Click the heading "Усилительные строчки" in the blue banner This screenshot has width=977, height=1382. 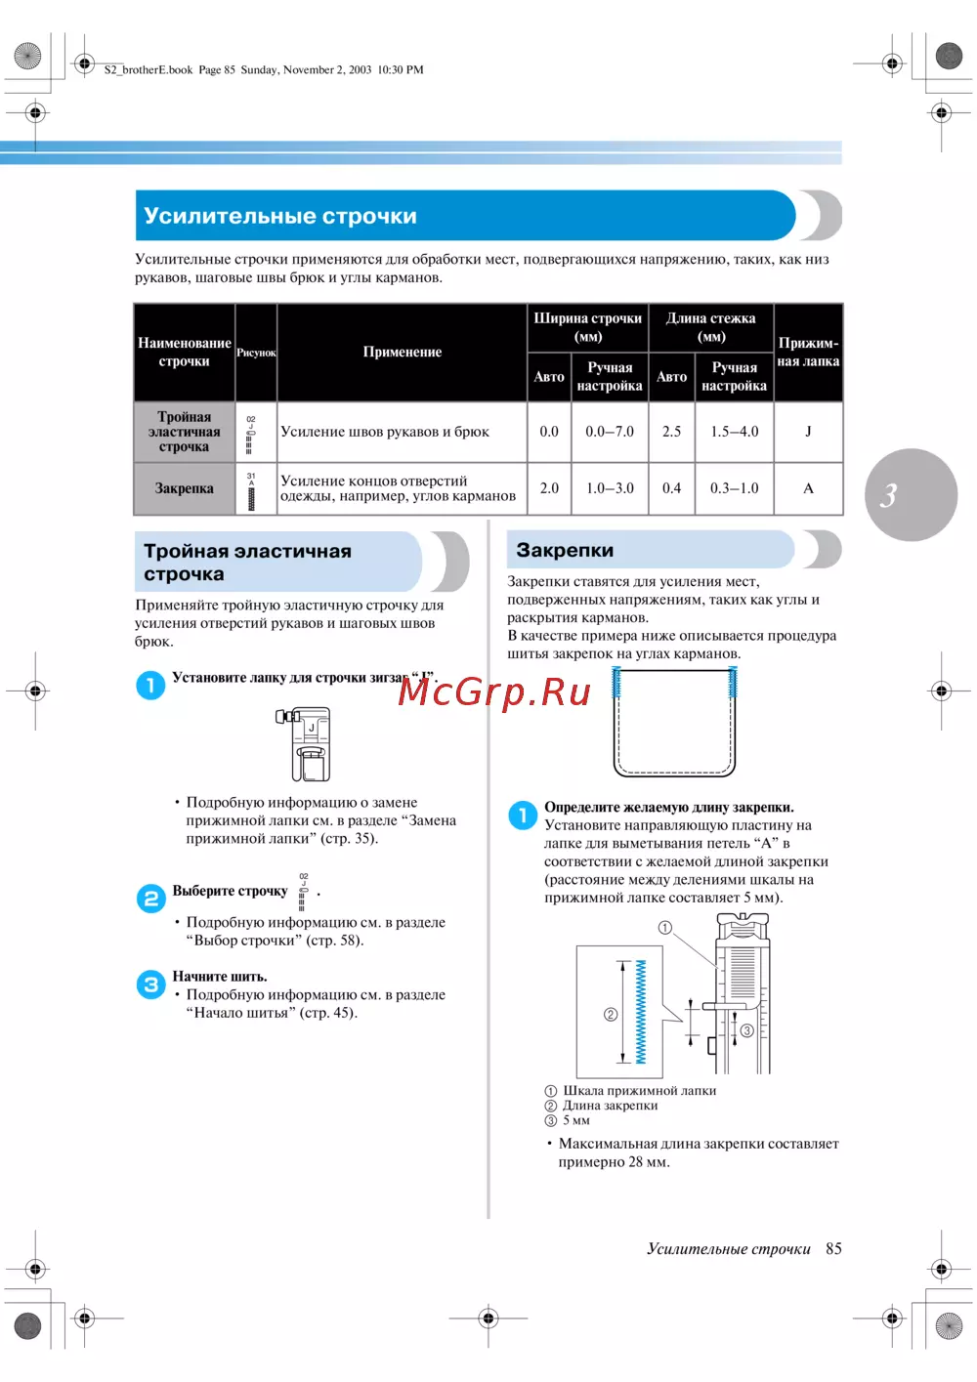(x=280, y=216)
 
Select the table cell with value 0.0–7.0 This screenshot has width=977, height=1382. (x=610, y=432)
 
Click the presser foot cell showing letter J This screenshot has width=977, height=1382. (x=808, y=432)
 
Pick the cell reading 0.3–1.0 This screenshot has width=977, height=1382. (x=734, y=488)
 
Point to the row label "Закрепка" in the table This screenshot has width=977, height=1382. (x=184, y=488)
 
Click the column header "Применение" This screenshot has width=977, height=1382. (x=402, y=353)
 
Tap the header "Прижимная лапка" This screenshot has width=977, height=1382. (x=808, y=353)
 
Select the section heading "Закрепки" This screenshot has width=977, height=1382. (x=565, y=551)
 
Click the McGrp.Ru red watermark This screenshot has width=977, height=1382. (x=494, y=691)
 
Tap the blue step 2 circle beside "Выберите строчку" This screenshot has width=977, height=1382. (x=150, y=898)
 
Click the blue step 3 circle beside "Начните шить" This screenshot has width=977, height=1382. (x=150, y=984)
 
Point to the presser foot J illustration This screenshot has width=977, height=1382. (x=306, y=744)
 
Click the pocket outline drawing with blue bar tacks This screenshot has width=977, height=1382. (x=674, y=723)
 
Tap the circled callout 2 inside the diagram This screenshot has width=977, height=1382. (x=611, y=1015)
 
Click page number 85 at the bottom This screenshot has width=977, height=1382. (x=833, y=1249)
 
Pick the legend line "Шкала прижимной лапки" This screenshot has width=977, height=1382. (x=639, y=1091)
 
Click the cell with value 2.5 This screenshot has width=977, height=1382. (x=671, y=432)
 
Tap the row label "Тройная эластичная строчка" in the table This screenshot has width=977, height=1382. (x=184, y=432)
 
